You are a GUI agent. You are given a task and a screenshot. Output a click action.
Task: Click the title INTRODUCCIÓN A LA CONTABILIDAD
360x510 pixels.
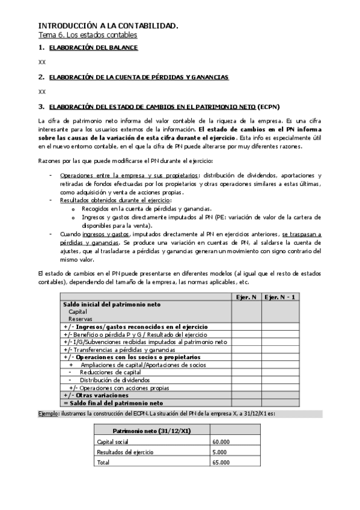tap(108, 26)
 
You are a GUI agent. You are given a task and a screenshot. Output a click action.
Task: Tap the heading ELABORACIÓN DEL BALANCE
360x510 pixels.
tap(93, 48)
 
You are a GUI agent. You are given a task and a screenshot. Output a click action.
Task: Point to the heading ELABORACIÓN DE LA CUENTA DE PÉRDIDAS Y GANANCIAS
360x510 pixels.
tap(138, 77)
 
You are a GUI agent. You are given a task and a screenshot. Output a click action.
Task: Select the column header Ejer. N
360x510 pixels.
tap(246, 297)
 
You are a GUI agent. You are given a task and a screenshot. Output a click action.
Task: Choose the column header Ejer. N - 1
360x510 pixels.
tap(280, 297)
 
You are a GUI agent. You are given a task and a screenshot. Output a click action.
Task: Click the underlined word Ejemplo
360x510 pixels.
tap(48, 414)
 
